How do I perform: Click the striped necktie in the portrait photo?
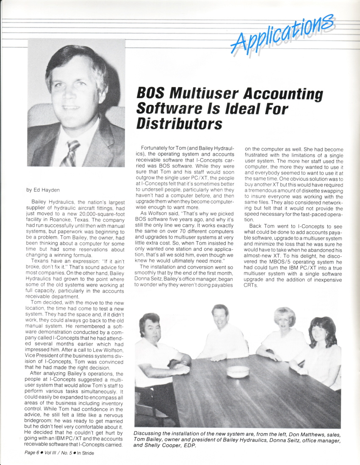(x=70, y=153)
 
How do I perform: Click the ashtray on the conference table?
(x=238, y=371)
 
